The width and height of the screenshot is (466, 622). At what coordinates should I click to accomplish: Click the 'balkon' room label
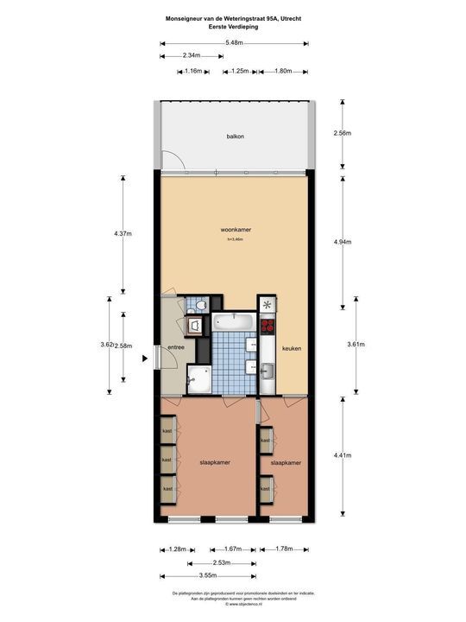coord(235,136)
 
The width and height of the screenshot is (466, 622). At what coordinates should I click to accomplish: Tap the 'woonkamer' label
coord(235,230)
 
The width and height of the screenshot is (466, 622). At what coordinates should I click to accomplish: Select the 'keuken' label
coord(291,348)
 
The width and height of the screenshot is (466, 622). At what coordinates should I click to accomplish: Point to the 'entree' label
coord(176,347)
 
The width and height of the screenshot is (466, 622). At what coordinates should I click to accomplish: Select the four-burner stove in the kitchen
coord(267,326)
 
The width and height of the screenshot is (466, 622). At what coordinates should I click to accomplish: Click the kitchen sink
coord(267,371)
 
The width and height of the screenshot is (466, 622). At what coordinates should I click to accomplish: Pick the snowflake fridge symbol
coord(267,305)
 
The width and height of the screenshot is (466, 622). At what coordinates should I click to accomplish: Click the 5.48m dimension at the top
coord(233,42)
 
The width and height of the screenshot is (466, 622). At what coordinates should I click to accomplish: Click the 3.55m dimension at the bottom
coord(206,576)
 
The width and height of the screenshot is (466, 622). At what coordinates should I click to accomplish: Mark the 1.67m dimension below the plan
coord(232,549)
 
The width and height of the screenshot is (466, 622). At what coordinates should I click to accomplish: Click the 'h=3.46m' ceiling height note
coord(235,239)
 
